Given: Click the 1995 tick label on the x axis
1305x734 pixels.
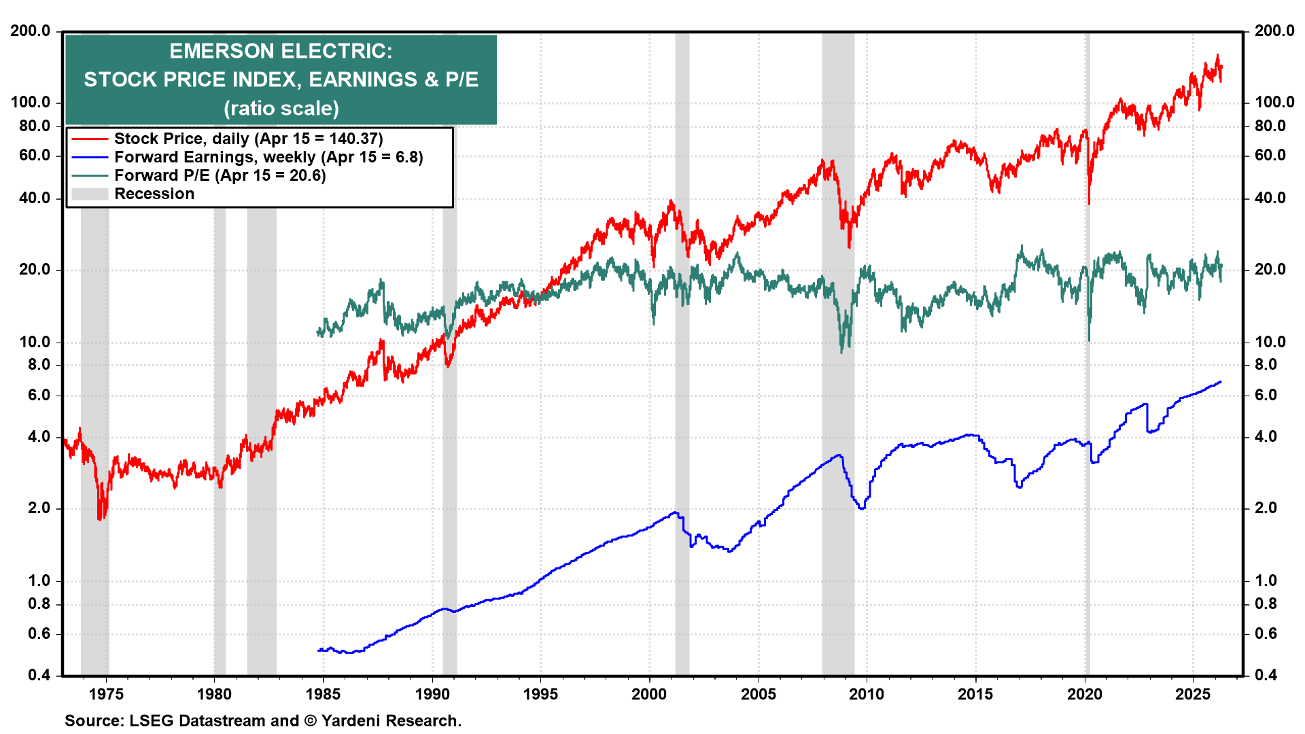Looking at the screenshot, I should (x=540, y=694).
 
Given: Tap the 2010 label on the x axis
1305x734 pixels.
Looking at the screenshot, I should (x=867, y=694).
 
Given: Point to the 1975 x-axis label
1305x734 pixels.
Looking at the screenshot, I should (x=106, y=694).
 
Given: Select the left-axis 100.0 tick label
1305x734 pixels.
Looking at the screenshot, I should (x=31, y=102).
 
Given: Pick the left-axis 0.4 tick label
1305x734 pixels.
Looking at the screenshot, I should (x=39, y=675).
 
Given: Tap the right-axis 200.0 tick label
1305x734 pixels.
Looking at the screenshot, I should (x=1274, y=31).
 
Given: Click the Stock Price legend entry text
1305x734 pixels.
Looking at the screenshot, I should (x=248, y=139).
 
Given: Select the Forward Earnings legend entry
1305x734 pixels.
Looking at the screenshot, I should (x=268, y=157).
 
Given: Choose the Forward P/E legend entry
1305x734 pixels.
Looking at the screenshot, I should (x=220, y=175).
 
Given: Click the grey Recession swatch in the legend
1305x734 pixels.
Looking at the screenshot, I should (x=90, y=194).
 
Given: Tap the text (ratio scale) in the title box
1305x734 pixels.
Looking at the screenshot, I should (x=281, y=108).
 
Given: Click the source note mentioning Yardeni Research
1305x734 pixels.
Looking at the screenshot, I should (x=262, y=720).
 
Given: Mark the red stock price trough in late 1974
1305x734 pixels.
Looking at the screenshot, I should (x=100, y=519).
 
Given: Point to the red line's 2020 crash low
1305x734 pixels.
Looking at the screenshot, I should (x=1089, y=203).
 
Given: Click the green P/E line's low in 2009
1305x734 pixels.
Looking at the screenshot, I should (x=841, y=351).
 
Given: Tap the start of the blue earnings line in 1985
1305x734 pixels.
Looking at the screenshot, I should (x=319, y=650).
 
